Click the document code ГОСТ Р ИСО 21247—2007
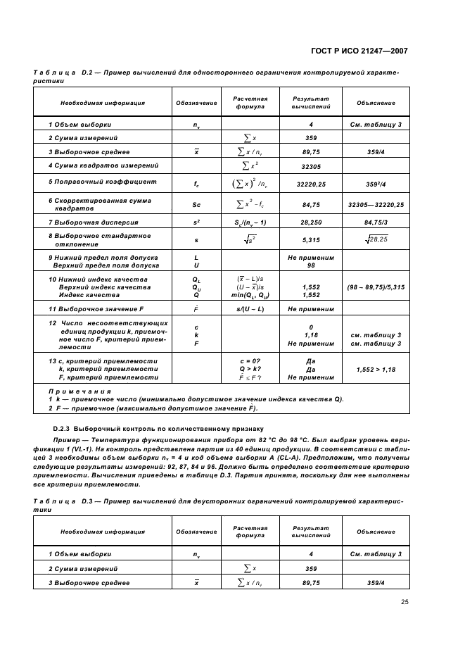point(357,51)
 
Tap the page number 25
point(405,601)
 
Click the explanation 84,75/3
point(375,222)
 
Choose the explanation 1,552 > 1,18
point(375,369)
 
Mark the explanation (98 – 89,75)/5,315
point(375,287)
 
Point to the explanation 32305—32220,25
point(375,204)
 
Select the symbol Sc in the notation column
point(196,204)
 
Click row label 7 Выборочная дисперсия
point(88,222)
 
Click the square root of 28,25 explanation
point(375,240)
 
